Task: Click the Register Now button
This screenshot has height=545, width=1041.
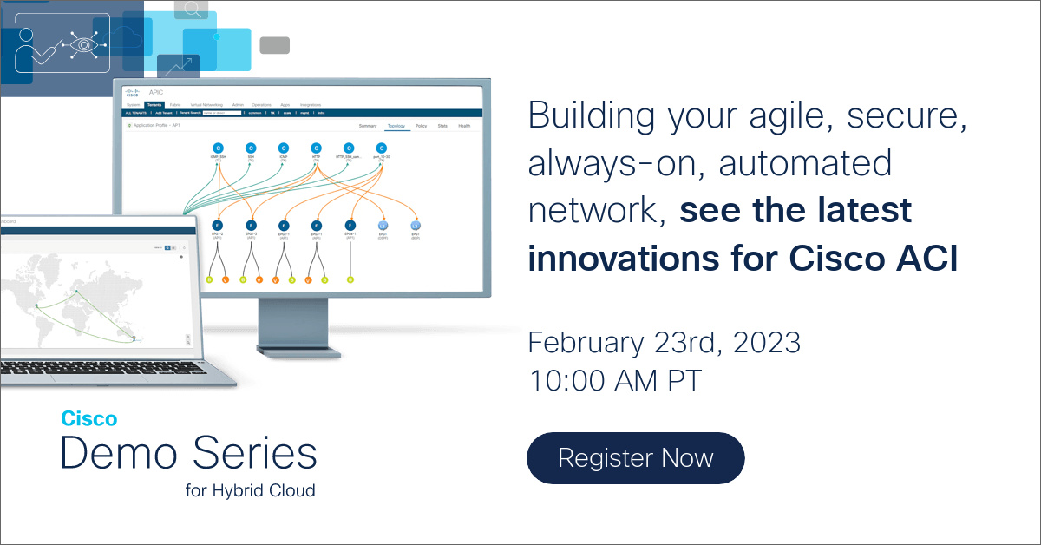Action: (x=635, y=457)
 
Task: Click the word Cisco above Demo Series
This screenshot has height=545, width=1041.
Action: (x=88, y=418)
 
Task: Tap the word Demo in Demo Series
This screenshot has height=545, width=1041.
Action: (x=118, y=453)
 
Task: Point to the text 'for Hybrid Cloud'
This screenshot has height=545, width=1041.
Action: (x=250, y=490)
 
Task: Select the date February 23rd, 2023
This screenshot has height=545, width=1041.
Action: (x=664, y=343)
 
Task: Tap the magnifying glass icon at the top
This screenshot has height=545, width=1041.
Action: (x=192, y=10)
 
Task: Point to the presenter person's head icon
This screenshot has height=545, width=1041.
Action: (x=25, y=36)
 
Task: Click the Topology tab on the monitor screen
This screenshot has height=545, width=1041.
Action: (x=396, y=126)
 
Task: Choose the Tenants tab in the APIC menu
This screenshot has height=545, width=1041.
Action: (x=154, y=105)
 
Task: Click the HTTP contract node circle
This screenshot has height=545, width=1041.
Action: (x=317, y=148)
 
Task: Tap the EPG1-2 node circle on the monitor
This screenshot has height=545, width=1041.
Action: (x=218, y=225)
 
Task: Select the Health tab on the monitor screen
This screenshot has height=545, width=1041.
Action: (x=464, y=126)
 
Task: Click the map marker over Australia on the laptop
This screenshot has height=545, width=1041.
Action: (x=134, y=338)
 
